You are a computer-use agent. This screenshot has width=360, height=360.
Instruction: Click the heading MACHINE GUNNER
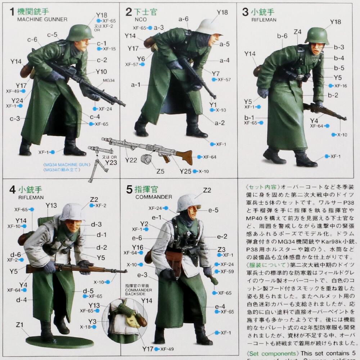point(42,19)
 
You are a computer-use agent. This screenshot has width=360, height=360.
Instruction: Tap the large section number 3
point(245,13)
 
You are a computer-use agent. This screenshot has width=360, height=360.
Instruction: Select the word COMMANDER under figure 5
point(154,197)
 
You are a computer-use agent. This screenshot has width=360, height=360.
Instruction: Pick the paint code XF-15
point(109,49)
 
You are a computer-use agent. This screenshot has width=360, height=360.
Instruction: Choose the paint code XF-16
point(341,86)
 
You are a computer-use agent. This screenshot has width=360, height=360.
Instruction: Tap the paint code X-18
point(85,327)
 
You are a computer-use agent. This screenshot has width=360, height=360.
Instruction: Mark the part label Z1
point(20,325)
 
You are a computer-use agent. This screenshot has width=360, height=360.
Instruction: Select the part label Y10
point(102,71)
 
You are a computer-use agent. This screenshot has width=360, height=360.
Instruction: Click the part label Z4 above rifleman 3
point(297,32)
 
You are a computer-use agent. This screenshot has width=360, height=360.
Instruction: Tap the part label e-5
point(213,210)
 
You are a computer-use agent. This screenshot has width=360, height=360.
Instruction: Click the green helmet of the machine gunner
point(80,32)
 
